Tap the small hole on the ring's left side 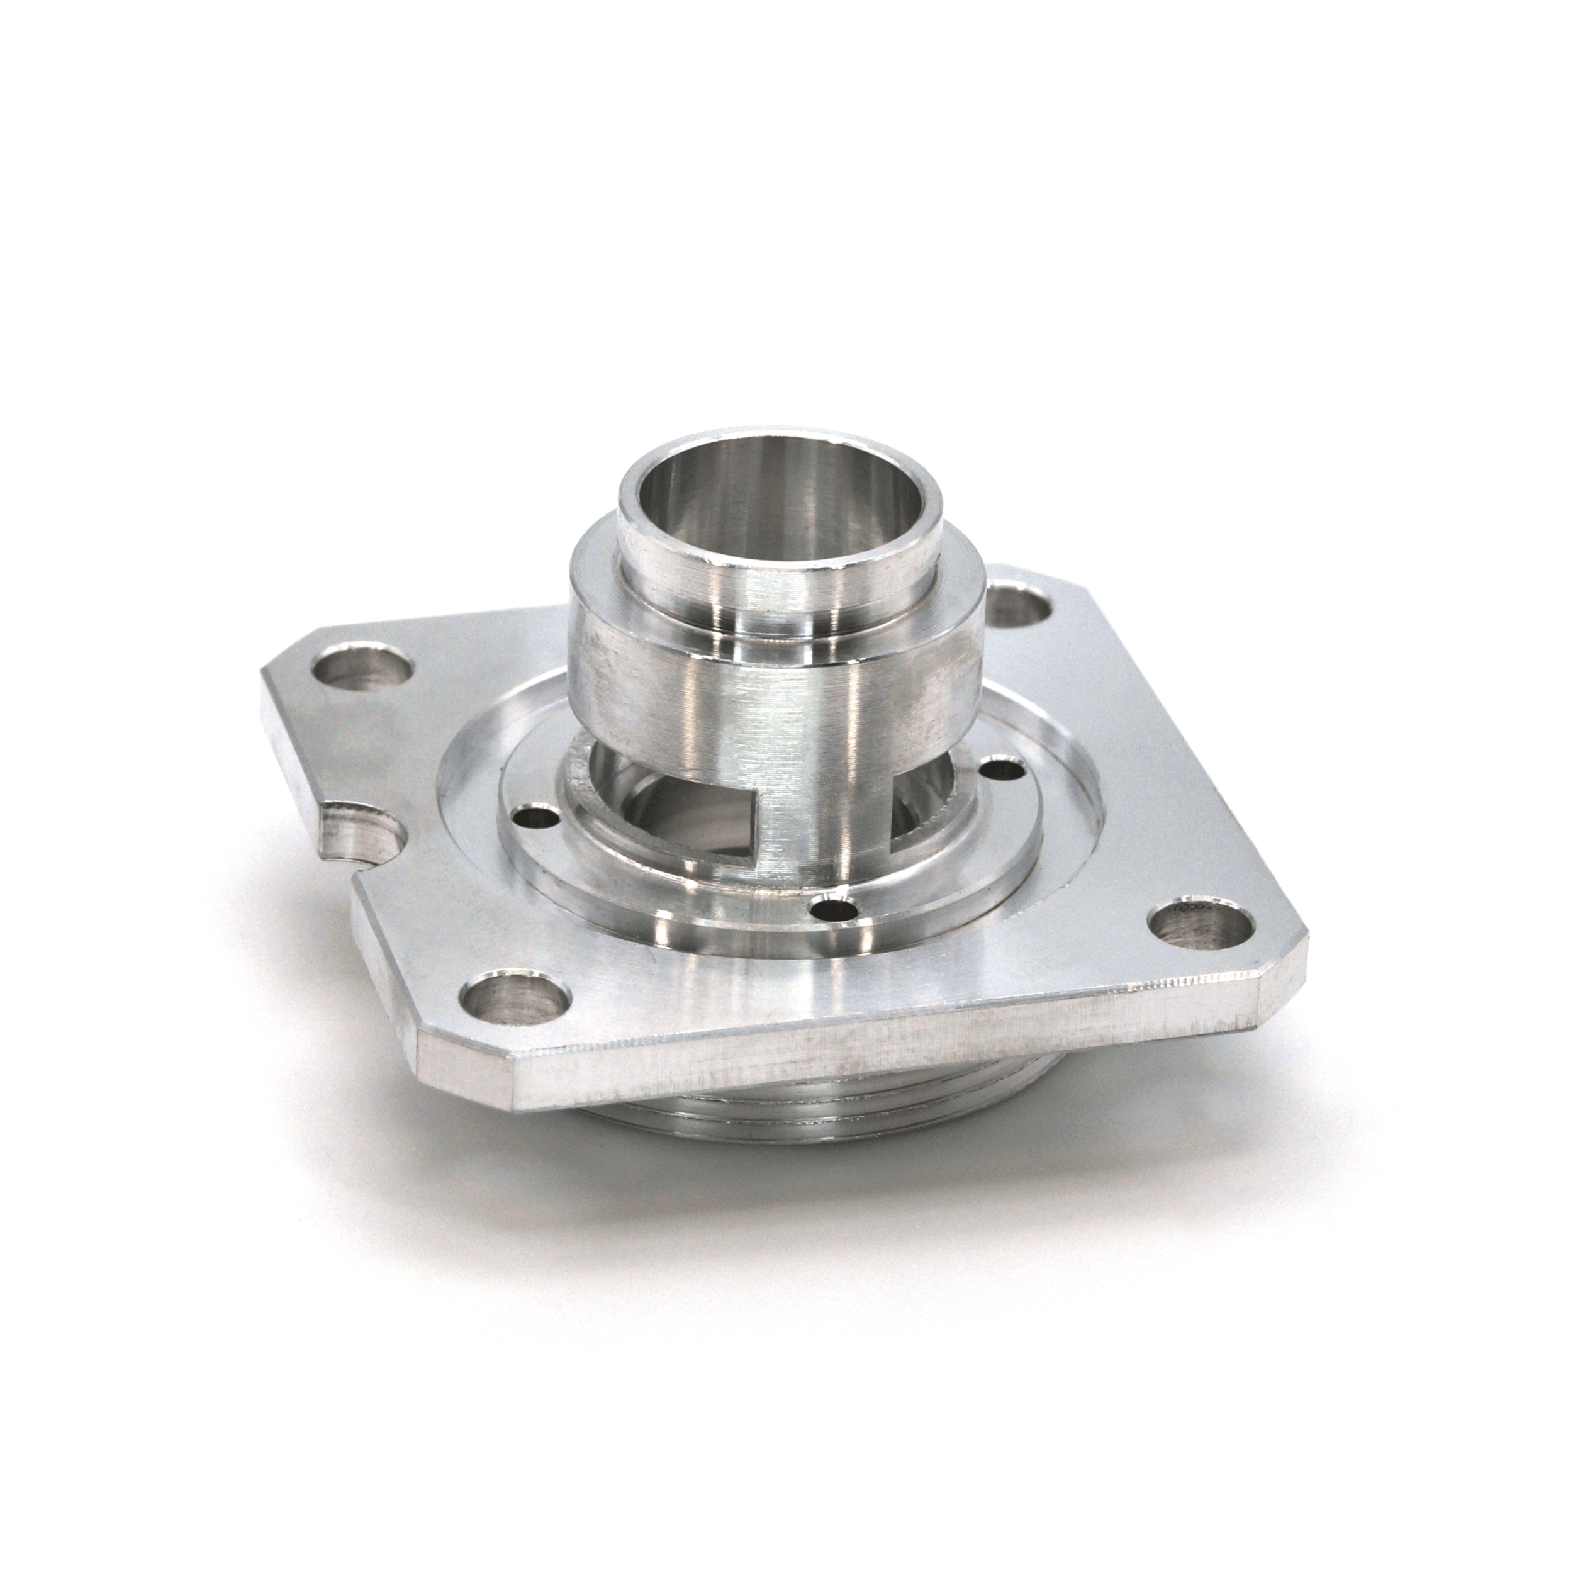coord(537,814)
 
